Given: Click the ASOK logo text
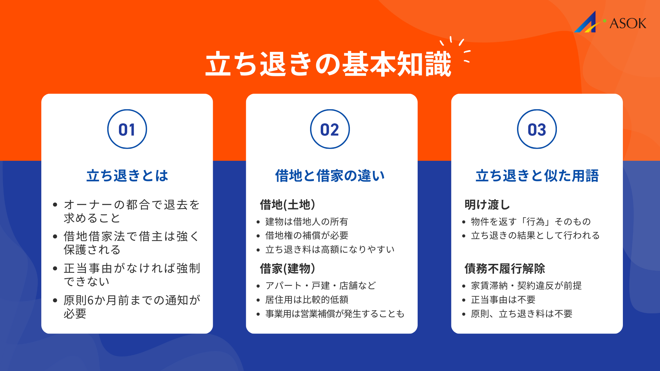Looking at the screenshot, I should click(x=627, y=23).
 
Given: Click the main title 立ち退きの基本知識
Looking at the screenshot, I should click(x=328, y=64).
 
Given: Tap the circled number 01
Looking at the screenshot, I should click(x=127, y=130).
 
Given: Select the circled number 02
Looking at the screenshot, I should click(x=330, y=130).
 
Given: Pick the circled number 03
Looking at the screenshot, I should click(x=537, y=130).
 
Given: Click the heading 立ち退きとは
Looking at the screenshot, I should click(x=127, y=176).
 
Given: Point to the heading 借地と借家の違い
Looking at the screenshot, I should click(x=330, y=176).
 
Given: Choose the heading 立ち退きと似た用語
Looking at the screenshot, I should click(x=537, y=176).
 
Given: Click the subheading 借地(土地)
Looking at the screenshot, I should click(x=287, y=205).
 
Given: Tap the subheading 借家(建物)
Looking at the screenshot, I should click(x=287, y=268).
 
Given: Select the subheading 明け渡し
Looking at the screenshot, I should click(x=487, y=205).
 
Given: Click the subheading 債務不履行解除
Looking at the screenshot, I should click(x=505, y=268).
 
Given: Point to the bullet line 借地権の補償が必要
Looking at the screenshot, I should click(x=307, y=235).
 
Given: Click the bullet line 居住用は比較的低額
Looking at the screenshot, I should click(x=307, y=300).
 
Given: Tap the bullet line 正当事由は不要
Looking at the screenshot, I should click(x=503, y=300).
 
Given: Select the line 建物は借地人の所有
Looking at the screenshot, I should click(x=307, y=222).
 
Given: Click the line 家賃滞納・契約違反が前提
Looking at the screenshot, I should click(x=526, y=285).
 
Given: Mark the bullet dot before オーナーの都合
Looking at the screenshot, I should click(x=55, y=205).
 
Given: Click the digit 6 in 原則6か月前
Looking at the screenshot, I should click(x=90, y=300).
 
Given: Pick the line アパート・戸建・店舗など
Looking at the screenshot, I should click(x=320, y=285).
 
